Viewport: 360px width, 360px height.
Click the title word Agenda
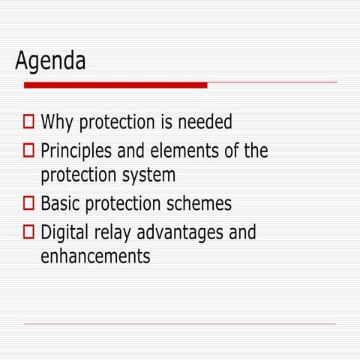[x=50, y=61]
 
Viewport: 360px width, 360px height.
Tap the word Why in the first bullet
[x=57, y=122]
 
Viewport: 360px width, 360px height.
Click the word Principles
[x=76, y=151]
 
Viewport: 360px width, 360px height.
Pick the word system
[x=151, y=175]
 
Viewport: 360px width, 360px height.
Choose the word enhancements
[x=95, y=256]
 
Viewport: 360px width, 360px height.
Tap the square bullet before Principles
[x=28, y=151]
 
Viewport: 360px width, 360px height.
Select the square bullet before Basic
[x=28, y=203]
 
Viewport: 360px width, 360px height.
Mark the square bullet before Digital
[x=28, y=232]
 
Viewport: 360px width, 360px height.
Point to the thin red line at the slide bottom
[x=180, y=324]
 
